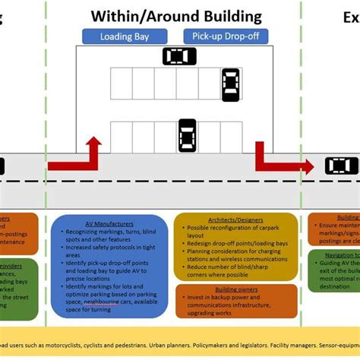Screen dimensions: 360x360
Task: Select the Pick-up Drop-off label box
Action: pos(214,36)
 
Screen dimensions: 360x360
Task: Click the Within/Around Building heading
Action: pos(176,16)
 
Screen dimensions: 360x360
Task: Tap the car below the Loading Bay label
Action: pos(179,56)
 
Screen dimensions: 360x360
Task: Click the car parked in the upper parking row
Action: pos(230,84)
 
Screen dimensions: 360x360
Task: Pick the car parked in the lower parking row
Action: pos(187,135)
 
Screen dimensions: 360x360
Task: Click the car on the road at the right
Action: pos(341,166)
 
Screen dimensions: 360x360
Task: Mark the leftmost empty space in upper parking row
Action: pos(122,84)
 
